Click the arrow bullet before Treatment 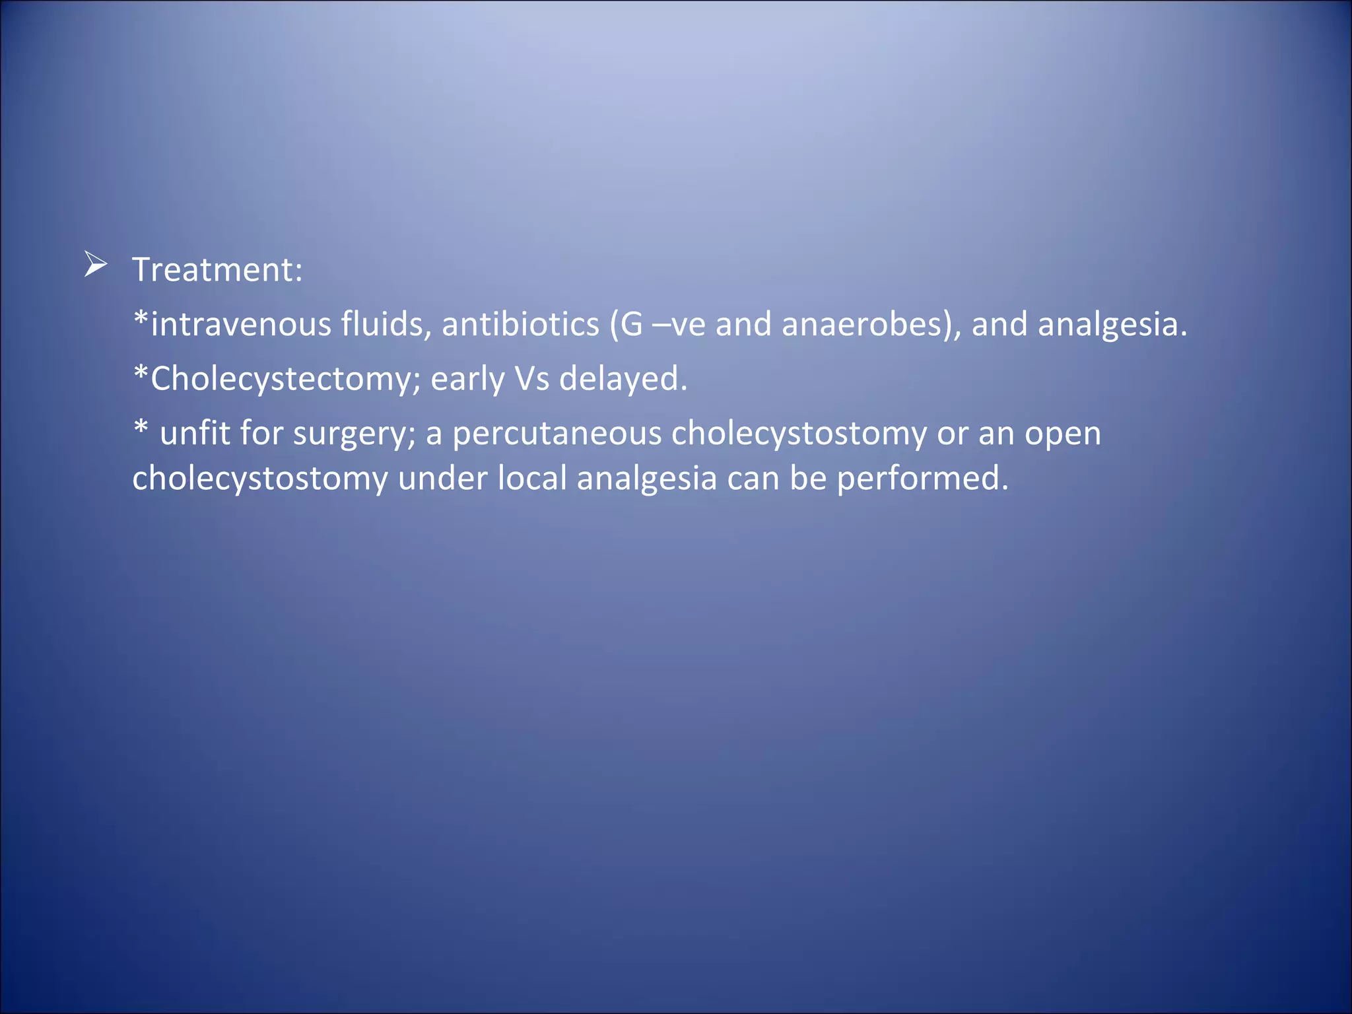[96, 265]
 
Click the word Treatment [217, 270]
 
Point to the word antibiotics [520, 324]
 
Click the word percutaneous [557, 434]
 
